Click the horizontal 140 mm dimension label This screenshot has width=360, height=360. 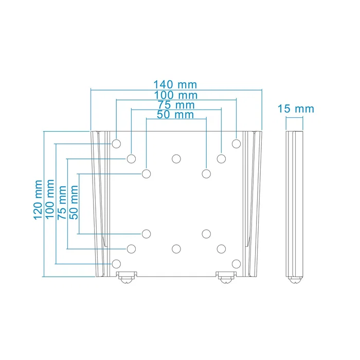click(175, 84)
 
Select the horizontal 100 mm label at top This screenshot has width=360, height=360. click(175, 95)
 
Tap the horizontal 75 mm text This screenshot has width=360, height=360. click(175, 105)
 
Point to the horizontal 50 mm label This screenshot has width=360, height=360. click(175, 115)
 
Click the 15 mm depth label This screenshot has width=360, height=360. click(295, 109)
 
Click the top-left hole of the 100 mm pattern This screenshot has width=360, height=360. click(117, 143)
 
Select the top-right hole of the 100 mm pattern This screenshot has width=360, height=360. click(236, 143)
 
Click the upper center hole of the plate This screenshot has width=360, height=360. click(176, 158)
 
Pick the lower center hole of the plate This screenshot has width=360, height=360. click(176, 249)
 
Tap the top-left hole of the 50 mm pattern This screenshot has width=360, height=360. click(147, 173)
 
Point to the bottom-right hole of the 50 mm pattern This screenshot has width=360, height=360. click(206, 234)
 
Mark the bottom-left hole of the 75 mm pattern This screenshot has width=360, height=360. click(132, 249)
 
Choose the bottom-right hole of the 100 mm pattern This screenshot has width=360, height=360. click(236, 264)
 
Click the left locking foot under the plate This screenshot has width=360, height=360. click(127, 278)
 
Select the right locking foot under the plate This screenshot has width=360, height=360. click(225, 278)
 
